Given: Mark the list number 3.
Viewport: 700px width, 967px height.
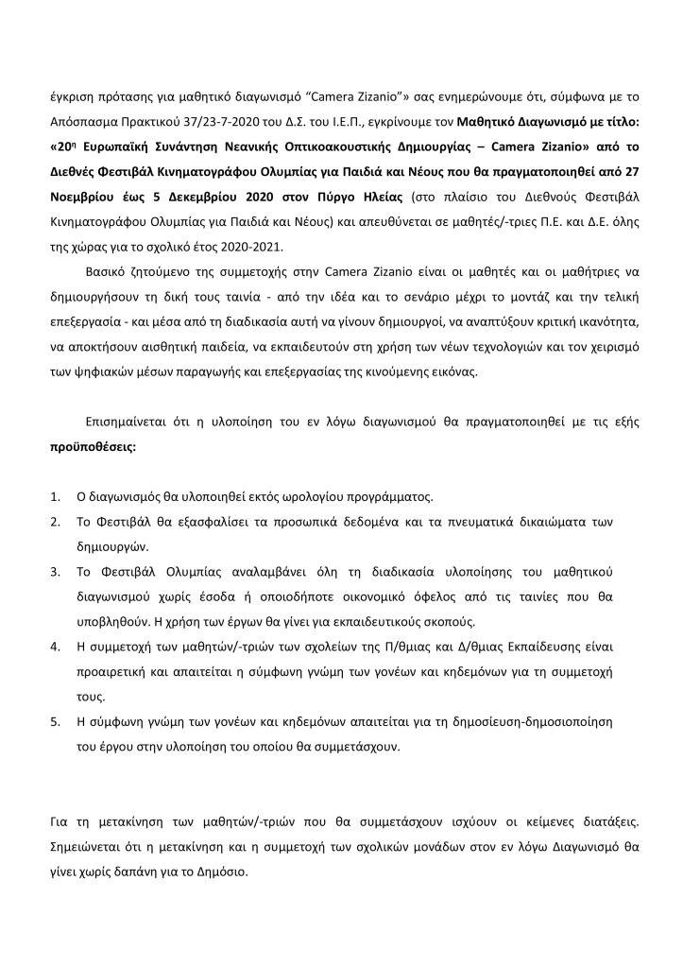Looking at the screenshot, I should click(54, 573).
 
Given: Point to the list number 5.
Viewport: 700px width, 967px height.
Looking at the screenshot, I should click(54, 721).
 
